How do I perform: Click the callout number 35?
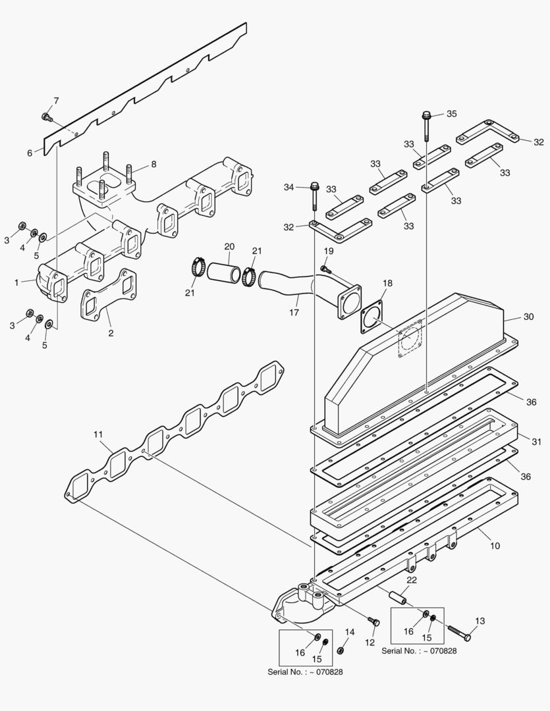[451, 114]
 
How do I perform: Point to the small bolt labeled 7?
[46, 117]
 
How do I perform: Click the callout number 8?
[153, 165]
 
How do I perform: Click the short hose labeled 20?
[223, 272]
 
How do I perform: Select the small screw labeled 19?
[325, 268]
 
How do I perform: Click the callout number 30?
[528, 317]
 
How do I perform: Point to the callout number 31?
[536, 441]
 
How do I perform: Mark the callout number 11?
[98, 434]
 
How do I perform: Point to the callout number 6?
[30, 153]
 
